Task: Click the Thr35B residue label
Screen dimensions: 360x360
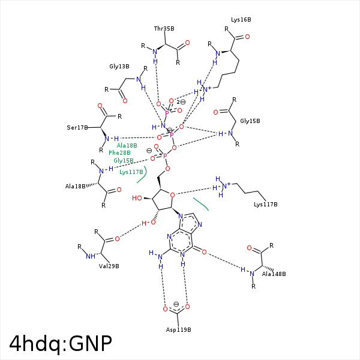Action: tap(164, 28)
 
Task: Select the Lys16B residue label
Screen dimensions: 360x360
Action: tap(241, 20)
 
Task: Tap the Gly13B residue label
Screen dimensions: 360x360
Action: tap(119, 67)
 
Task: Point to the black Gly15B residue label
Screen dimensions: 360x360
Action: tap(250, 121)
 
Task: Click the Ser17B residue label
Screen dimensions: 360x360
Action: tap(77, 128)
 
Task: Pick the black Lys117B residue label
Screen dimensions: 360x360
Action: tap(266, 205)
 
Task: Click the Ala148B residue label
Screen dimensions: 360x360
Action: tap(274, 274)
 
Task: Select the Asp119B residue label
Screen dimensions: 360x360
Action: tap(178, 330)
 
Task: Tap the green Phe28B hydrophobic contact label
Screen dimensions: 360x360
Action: tap(119, 153)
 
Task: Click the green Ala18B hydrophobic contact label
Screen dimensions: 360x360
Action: tap(127, 146)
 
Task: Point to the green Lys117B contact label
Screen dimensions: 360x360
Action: tap(131, 172)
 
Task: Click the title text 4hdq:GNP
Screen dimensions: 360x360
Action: tap(61, 343)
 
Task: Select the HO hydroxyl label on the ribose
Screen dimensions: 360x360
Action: tap(138, 198)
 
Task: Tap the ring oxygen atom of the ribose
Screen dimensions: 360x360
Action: tap(173, 194)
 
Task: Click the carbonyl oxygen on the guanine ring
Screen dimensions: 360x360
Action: tap(204, 253)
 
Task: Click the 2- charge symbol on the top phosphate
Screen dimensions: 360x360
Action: tap(181, 102)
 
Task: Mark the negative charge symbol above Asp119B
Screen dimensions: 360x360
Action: tap(176, 304)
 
